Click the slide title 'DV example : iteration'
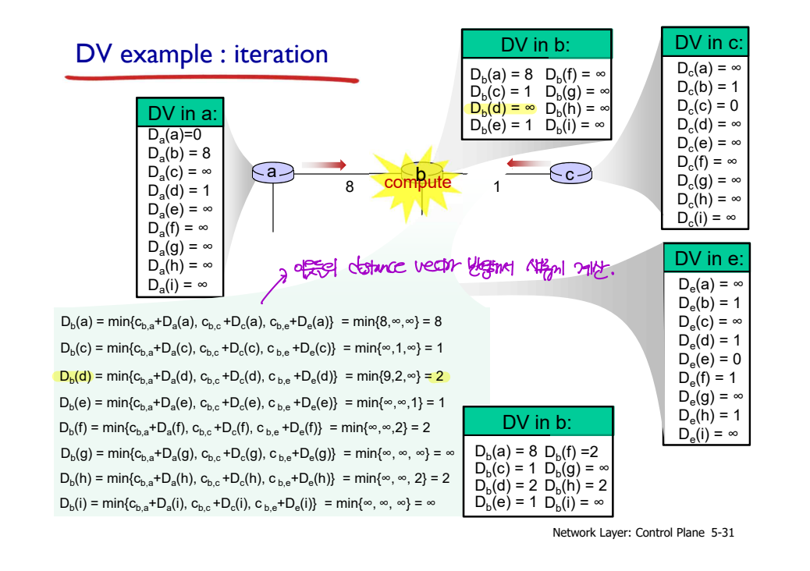tap(201, 54)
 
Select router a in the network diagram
tap(272, 172)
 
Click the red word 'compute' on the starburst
tap(417, 183)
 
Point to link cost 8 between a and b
tap(350, 187)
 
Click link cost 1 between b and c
tap(496, 187)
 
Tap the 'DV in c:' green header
tap(705, 42)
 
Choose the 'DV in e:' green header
tap(706, 258)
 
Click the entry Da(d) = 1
tap(179, 190)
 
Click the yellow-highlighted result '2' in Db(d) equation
tap(439, 377)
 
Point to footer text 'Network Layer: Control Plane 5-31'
tap(643, 534)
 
